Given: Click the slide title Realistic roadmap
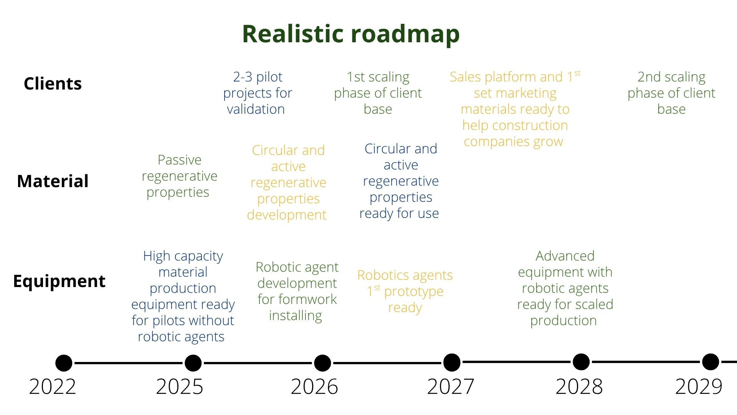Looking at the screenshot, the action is [351, 34].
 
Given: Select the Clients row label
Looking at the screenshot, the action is [53, 83].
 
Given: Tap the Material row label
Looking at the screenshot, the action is [53, 181].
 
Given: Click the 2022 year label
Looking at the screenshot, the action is [53, 387].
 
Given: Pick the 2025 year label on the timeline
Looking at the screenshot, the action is [180, 387].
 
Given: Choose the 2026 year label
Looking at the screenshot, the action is [314, 387].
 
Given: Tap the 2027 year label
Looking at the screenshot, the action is [451, 387].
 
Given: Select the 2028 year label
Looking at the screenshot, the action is [579, 387].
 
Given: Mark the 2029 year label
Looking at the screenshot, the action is [699, 387].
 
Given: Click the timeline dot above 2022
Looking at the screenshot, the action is [64, 363].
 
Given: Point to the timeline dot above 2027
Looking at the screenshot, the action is [452, 362].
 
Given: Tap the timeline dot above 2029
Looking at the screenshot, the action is [711, 362].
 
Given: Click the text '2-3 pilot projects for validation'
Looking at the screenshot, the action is [258, 93].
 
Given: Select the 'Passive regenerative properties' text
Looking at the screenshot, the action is [179, 176].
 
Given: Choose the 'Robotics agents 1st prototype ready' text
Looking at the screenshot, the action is [405, 291].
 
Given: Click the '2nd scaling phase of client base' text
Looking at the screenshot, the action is [671, 93].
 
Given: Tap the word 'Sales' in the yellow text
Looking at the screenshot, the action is [465, 77].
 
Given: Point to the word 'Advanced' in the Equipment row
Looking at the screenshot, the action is [565, 256].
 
